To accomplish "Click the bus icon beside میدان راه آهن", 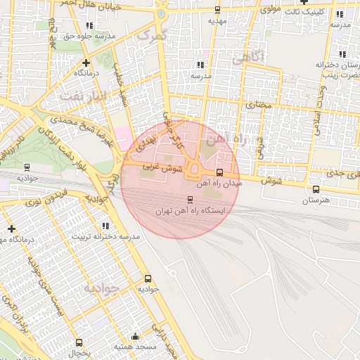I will click(219, 172).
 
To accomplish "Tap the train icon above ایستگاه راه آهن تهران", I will click(189, 200).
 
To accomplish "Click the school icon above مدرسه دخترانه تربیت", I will click(105, 226).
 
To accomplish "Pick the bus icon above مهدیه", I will click(217, 10).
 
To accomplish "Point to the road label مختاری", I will click(257, 104).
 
